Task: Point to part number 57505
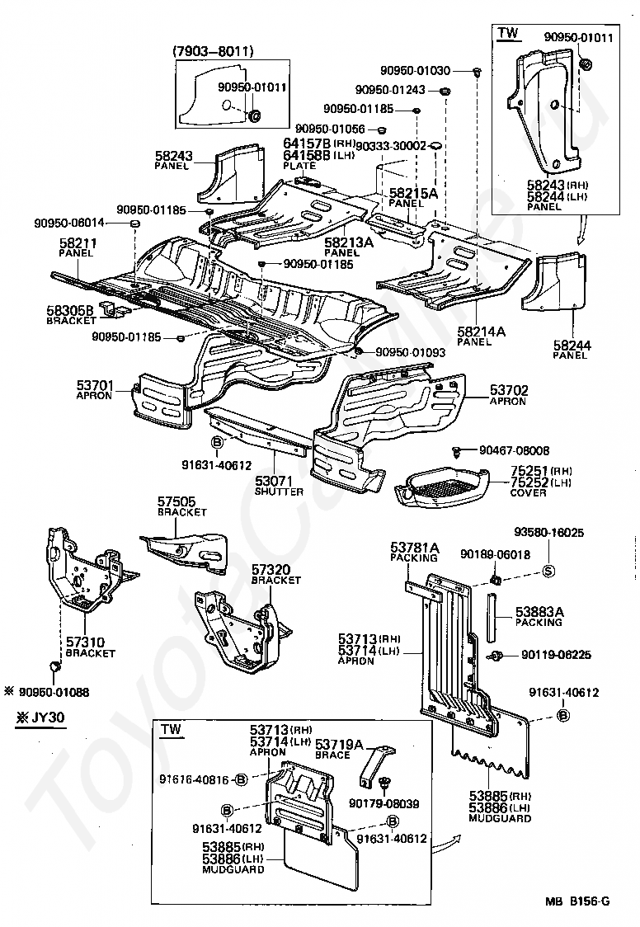(176, 501)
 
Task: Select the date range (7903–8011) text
(213, 51)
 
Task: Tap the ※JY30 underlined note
(41, 716)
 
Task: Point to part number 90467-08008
(514, 450)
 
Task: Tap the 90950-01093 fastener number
(410, 352)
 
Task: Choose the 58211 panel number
(78, 243)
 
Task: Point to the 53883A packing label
(539, 612)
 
